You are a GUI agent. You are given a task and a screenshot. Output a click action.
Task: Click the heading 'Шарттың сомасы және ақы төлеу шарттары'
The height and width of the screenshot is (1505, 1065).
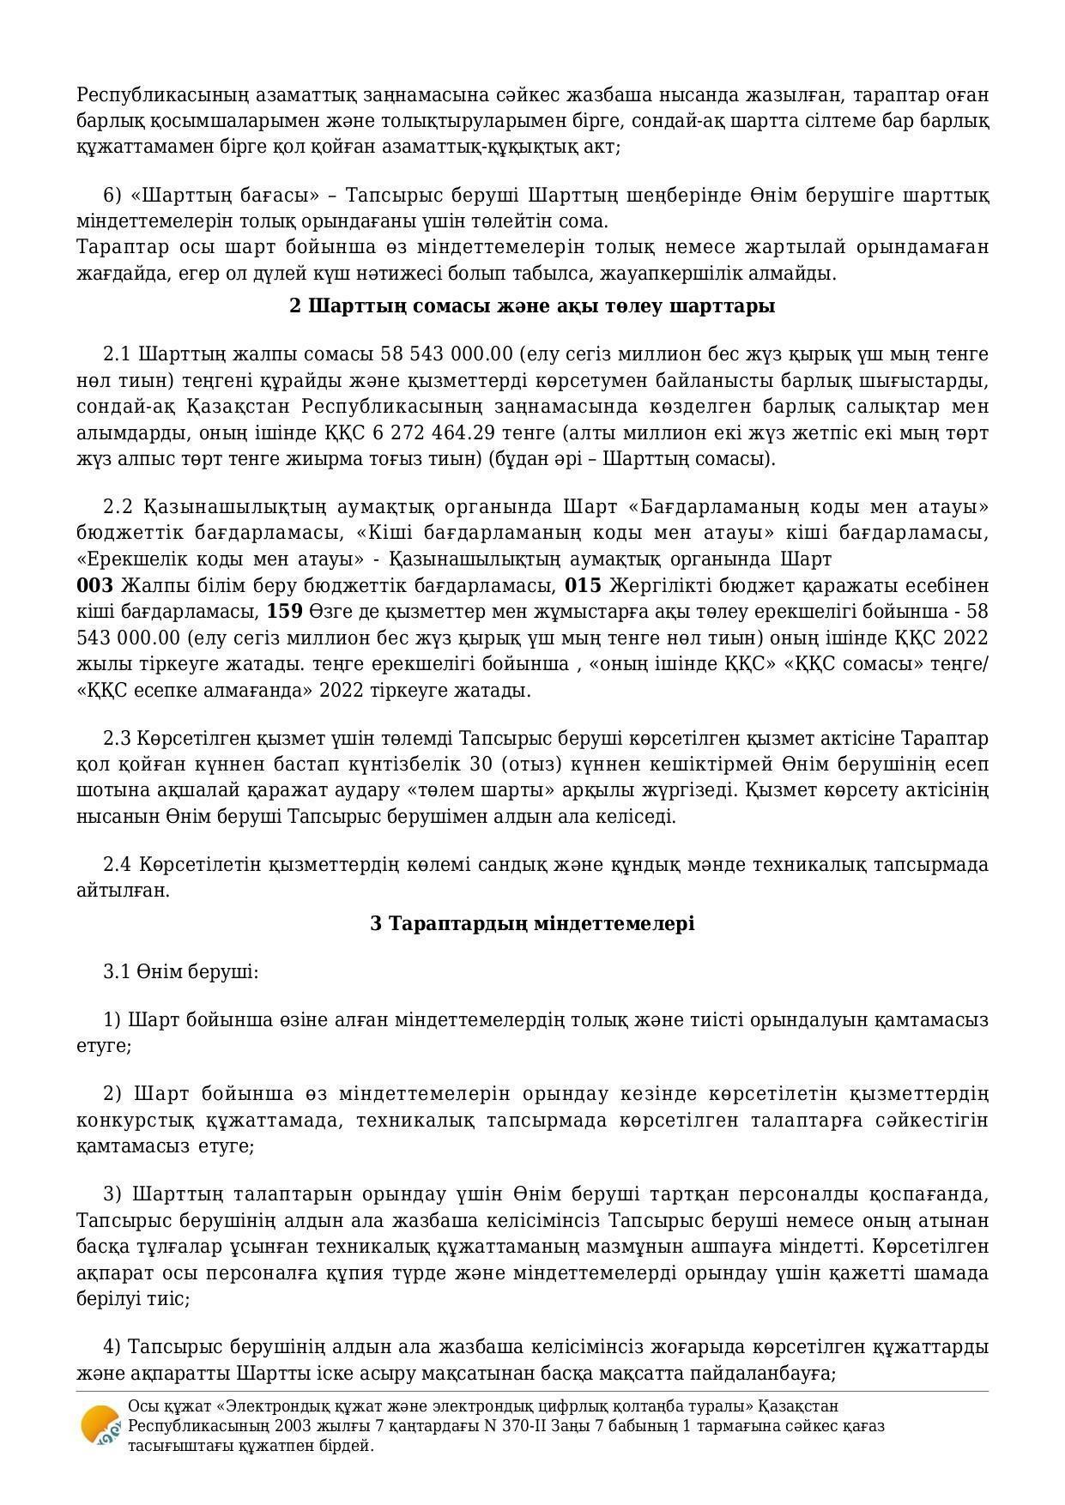click(532, 306)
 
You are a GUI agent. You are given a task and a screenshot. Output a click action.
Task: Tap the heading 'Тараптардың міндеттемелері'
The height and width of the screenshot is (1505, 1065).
click(532, 923)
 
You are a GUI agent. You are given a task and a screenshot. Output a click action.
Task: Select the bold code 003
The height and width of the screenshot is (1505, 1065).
click(94, 586)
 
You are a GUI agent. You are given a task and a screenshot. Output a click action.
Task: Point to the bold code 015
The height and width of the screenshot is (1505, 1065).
click(583, 586)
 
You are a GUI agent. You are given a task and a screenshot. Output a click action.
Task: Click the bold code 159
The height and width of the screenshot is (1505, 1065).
click(285, 612)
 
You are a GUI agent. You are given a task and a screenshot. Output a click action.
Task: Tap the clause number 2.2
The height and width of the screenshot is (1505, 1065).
click(118, 506)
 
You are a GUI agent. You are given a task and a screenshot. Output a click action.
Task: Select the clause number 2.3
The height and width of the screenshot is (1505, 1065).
click(118, 739)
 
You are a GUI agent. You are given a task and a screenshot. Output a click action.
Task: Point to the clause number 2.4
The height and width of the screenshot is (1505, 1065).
click(118, 864)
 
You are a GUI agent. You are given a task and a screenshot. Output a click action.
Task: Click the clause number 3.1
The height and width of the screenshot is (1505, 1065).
click(117, 972)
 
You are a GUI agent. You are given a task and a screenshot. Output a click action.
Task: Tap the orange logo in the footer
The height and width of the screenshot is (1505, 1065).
click(100, 1426)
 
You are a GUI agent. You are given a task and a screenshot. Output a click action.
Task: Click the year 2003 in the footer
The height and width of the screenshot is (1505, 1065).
click(269, 1426)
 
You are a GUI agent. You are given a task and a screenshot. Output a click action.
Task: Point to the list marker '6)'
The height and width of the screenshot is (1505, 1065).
click(112, 196)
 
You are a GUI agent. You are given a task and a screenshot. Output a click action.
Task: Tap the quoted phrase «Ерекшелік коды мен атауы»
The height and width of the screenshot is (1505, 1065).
click(219, 559)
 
